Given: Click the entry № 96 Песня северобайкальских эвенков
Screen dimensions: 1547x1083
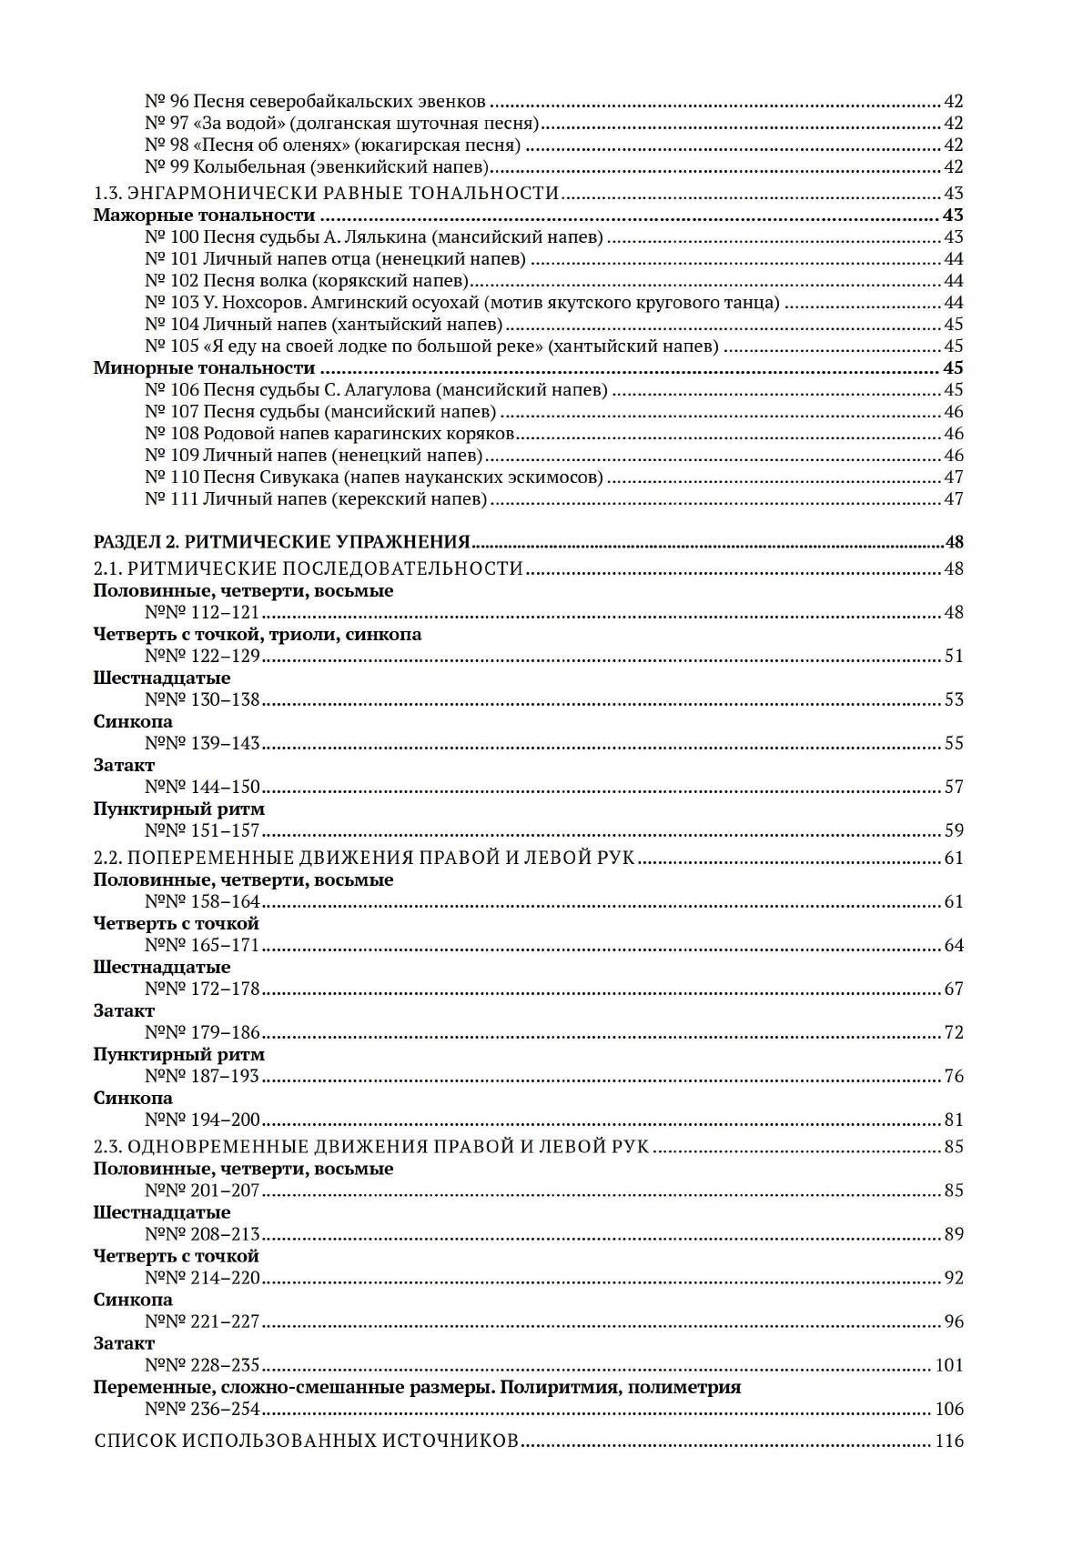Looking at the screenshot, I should pos(315,102).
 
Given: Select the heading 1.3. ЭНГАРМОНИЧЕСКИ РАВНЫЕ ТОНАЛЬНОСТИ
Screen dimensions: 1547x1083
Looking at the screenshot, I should pos(327,193).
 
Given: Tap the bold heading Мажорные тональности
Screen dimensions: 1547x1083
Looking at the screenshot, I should pos(204,216).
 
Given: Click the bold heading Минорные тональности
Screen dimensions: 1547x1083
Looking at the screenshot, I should pos(204,368).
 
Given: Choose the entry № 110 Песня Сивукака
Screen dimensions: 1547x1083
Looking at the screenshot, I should pos(373,477).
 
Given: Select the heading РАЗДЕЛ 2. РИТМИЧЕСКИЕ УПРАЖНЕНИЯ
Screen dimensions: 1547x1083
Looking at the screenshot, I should pos(281,543).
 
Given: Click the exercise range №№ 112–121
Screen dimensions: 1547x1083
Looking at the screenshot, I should pos(202,613).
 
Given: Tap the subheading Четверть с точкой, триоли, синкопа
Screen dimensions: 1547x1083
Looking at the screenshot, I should pos(258,635).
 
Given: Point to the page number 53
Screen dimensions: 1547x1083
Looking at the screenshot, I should pos(953,700).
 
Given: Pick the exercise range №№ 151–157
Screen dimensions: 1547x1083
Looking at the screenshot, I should pos(202,831).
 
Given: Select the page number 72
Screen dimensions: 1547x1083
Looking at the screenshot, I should pos(953,1033).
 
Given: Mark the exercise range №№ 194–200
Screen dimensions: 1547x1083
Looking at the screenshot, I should pos(202,1120).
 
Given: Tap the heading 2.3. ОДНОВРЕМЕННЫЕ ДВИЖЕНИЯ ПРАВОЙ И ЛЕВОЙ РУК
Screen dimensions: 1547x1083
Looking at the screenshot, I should pos(371,1147).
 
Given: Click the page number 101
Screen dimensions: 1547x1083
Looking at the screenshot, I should pos(948,1366).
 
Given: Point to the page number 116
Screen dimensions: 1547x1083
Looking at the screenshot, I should pos(948,1442).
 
